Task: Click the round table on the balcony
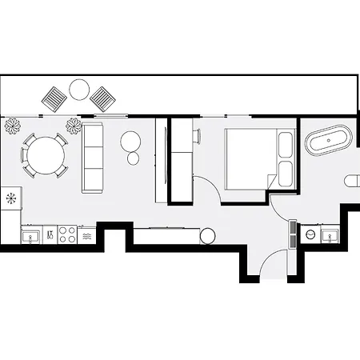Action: (80, 89)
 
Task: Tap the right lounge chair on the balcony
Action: (103, 99)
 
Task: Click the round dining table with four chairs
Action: (45, 154)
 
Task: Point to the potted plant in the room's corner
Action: (13, 125)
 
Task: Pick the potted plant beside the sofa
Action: (74, 125)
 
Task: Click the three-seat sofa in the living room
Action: (94, 158)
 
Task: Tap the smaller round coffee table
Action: (133, 158)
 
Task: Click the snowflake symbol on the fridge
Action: (11, 197)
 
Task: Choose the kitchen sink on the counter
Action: (33, 236)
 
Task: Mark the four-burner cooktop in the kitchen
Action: (66, 235)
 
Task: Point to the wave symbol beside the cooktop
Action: (86, 236)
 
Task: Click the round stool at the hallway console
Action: (207, 235)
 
